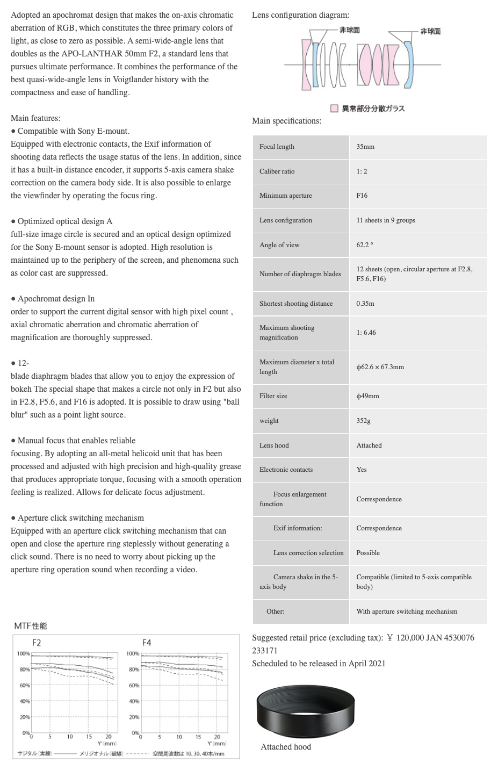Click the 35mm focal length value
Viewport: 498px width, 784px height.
coord(365,147)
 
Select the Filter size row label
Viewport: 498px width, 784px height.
coord(273,396)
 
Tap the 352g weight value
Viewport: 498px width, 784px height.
coord(363,421)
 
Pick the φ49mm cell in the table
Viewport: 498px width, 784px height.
coord(367,396)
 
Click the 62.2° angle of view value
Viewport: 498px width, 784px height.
coord(364,245)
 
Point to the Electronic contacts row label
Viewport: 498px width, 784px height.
coord(286,470)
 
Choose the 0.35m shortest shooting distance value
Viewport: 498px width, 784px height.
coord(365,304)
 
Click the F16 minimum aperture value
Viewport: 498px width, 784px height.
coord(362,196)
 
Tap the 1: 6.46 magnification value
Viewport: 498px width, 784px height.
coord(366,333)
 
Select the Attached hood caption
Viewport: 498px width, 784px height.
coord(286,747)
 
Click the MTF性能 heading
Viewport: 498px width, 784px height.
coord(31,626)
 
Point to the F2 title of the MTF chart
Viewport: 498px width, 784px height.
coord(37,643)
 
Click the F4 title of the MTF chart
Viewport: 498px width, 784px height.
coord(147,643)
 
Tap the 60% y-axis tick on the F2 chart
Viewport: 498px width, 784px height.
coord(25,686)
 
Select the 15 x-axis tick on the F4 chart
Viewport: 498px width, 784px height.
coord(198,737)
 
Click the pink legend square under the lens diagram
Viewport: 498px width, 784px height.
coord(334,109)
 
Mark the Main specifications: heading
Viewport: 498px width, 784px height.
coord(286,121)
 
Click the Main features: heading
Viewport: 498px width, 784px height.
coord(35,118)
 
